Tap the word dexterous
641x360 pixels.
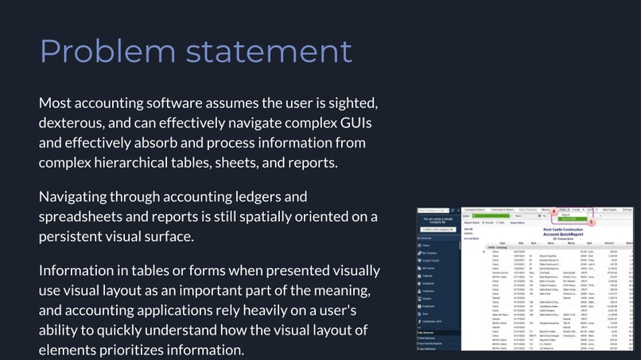click(72, 124)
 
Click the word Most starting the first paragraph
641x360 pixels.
click(56, 104)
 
